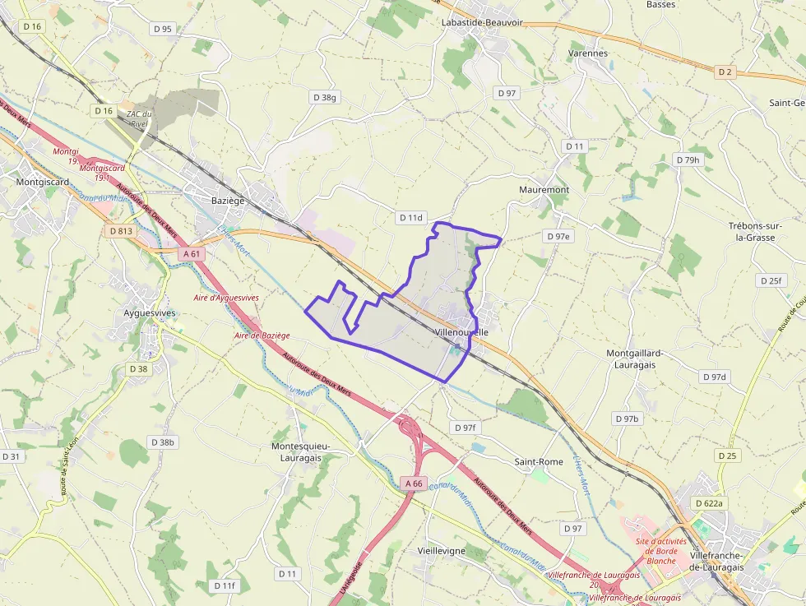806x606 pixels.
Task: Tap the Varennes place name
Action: (588, 53)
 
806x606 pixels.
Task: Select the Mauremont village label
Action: (544, 189)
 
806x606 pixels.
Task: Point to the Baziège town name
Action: (228, 201)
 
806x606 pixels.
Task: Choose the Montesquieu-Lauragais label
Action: (301, 451)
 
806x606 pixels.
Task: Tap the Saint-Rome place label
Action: (539, 462)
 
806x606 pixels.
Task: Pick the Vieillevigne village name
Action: (442, 550)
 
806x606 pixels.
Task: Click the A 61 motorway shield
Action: (192, 254)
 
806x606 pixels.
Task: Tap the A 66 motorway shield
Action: (414, 483)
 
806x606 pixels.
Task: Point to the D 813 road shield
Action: (120, 231)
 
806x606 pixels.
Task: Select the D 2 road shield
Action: (725, 72)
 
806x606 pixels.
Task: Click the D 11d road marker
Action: (410, 218)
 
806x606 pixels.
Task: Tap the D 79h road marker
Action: (688, 160)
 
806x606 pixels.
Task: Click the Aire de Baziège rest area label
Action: (262, 335)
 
